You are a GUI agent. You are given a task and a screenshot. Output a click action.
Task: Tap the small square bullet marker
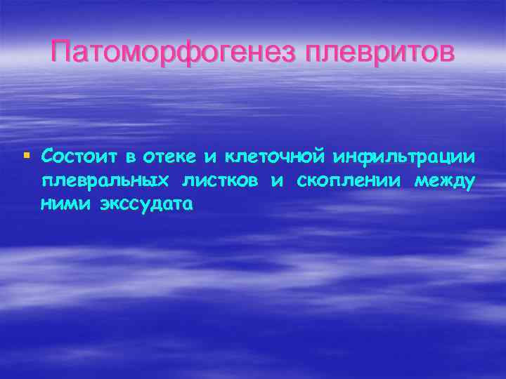[x=27, y=154]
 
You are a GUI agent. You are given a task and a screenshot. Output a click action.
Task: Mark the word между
[x=445, y=180]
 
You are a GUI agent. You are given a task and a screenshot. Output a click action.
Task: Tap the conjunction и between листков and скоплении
[x=278, y=181]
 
